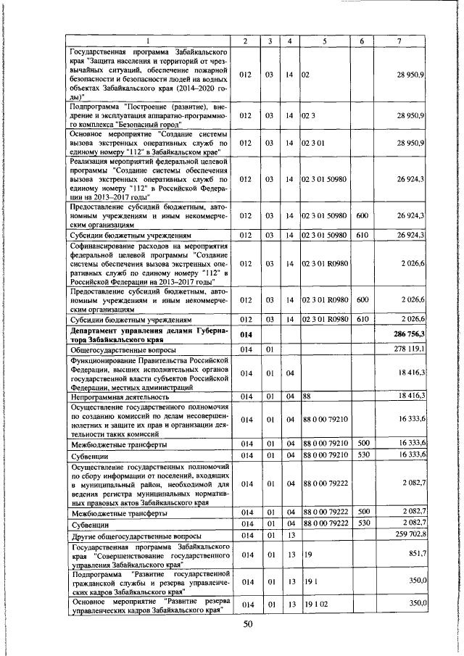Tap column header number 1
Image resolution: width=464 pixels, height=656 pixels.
(149, 41)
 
